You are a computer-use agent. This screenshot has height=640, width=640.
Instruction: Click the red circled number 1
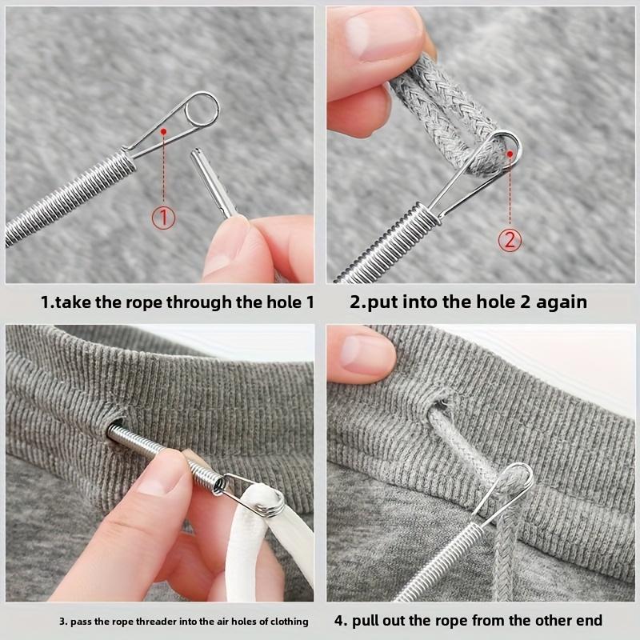coord(163,216)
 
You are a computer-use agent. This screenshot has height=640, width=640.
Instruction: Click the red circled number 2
coord(510,238)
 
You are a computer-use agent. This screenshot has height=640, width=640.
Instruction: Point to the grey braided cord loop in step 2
coord(448,104)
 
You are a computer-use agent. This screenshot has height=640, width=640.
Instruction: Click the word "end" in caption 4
coord(590,621)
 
